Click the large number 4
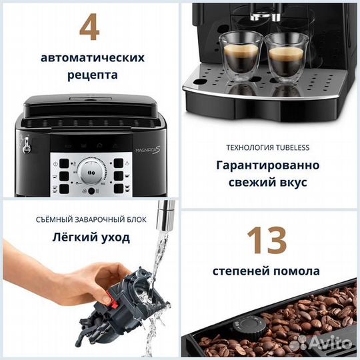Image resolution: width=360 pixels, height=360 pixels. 90,29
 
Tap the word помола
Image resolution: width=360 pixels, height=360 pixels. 296,271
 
